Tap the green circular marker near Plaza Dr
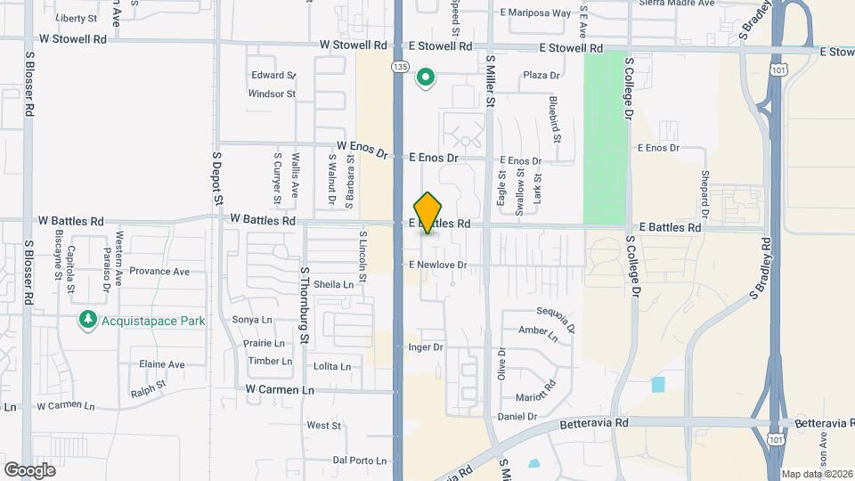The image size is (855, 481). (426, 78)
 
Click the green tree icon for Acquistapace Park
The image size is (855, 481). (87, 320)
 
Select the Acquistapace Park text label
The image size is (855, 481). (152, 321)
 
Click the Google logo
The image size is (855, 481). (29, 469)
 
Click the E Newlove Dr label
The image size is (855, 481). (437, 265)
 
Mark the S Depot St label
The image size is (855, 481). (216, 178)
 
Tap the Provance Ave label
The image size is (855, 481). (159, 271)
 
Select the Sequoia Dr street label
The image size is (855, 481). (558, 315)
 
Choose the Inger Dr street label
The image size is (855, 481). (425, 346)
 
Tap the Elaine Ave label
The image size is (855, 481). (161, 364)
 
